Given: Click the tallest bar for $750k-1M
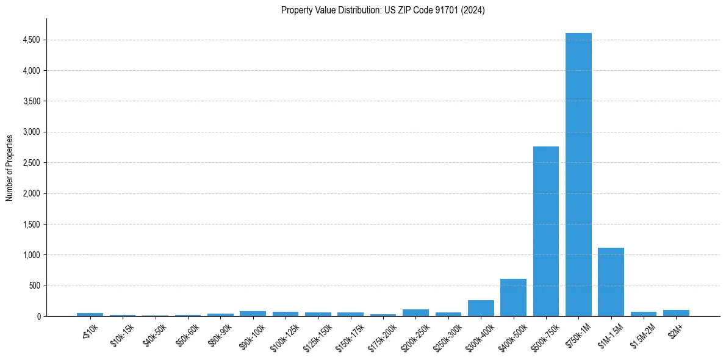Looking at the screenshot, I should (578, 175).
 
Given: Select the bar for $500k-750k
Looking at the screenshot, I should (545, 231).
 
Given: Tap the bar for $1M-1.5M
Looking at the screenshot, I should (611, 282).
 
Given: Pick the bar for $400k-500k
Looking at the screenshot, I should (513, 298).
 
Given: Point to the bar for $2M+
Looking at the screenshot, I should (676, 313).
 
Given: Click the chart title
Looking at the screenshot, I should (383, 10).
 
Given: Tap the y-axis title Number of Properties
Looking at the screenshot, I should (10, 167).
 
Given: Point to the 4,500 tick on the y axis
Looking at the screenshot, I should (31, 40).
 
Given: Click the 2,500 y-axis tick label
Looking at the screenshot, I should (31, 163).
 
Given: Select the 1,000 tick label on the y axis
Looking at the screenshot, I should (31, 255).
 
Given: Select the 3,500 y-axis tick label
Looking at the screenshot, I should (31, 101).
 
